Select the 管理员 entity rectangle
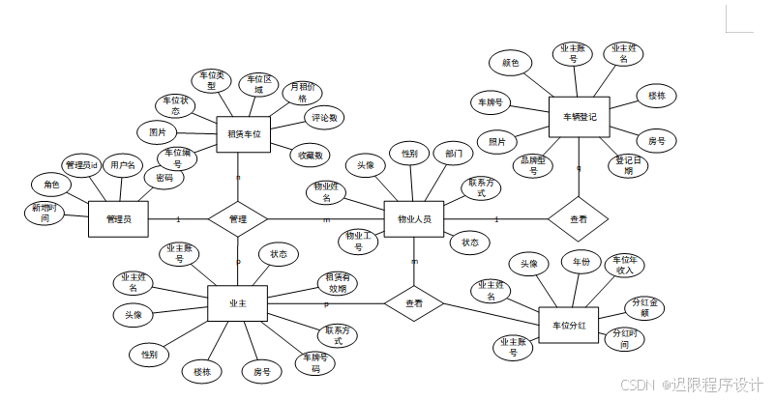(118, 219)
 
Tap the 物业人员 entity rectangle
(414, 219)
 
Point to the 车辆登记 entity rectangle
(579, 117)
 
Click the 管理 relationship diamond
(237, 219)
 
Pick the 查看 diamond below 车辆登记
(578, 220)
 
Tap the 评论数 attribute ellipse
(324, 119)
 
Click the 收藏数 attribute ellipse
(311, 155)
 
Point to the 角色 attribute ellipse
(50, 185)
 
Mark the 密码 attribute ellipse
(164, 178)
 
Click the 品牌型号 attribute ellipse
(533, 166)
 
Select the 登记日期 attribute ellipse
(628, 165)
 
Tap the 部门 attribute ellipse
(454, 154)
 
